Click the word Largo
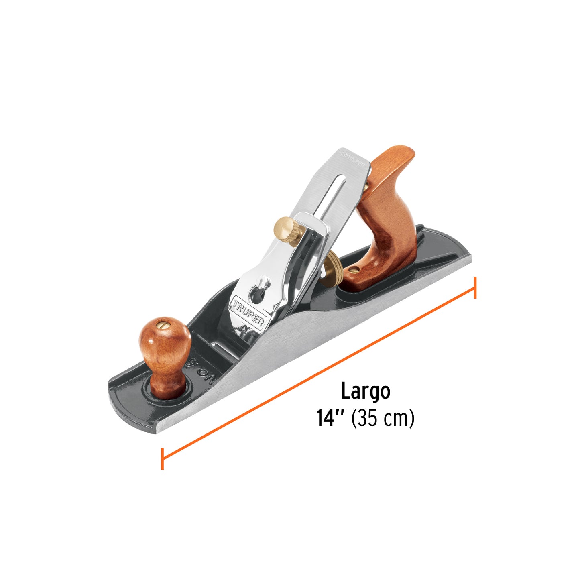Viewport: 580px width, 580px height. point(365,392)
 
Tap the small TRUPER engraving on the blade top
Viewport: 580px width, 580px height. point(353,157)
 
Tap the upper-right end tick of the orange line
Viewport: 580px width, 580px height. point(475,287)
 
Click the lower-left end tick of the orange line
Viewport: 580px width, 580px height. point(162,458)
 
